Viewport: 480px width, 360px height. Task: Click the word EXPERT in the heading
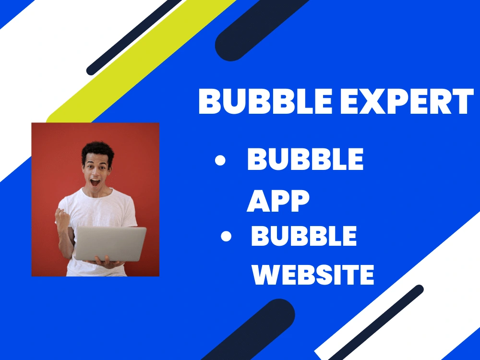point(405,101)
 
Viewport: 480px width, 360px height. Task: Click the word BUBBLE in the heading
point(264,101)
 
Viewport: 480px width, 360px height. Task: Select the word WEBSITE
point(313,274)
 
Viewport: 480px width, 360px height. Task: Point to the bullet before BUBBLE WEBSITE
point(226,237)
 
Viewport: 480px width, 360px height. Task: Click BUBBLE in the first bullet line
point(305,160)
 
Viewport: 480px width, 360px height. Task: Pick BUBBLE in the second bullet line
point(304,236)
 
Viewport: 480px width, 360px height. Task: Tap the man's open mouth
point(95,182)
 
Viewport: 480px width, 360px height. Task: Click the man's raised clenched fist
point(62,216)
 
